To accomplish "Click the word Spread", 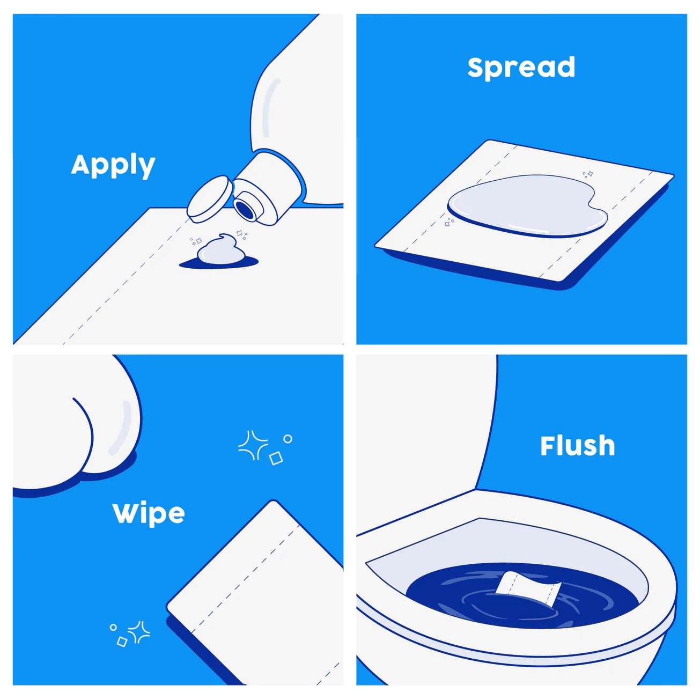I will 521,68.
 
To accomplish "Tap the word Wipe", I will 149,513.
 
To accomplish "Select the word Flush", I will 577,446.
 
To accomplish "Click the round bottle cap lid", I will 210,198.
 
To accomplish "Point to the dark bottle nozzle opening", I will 247,208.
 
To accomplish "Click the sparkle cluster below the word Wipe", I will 131,633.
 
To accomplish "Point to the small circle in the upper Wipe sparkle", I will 288,439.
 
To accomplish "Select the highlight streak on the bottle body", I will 270,107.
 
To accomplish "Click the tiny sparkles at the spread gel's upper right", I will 588,174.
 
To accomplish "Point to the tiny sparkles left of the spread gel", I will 448,222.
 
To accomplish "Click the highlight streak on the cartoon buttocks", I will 121,426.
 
